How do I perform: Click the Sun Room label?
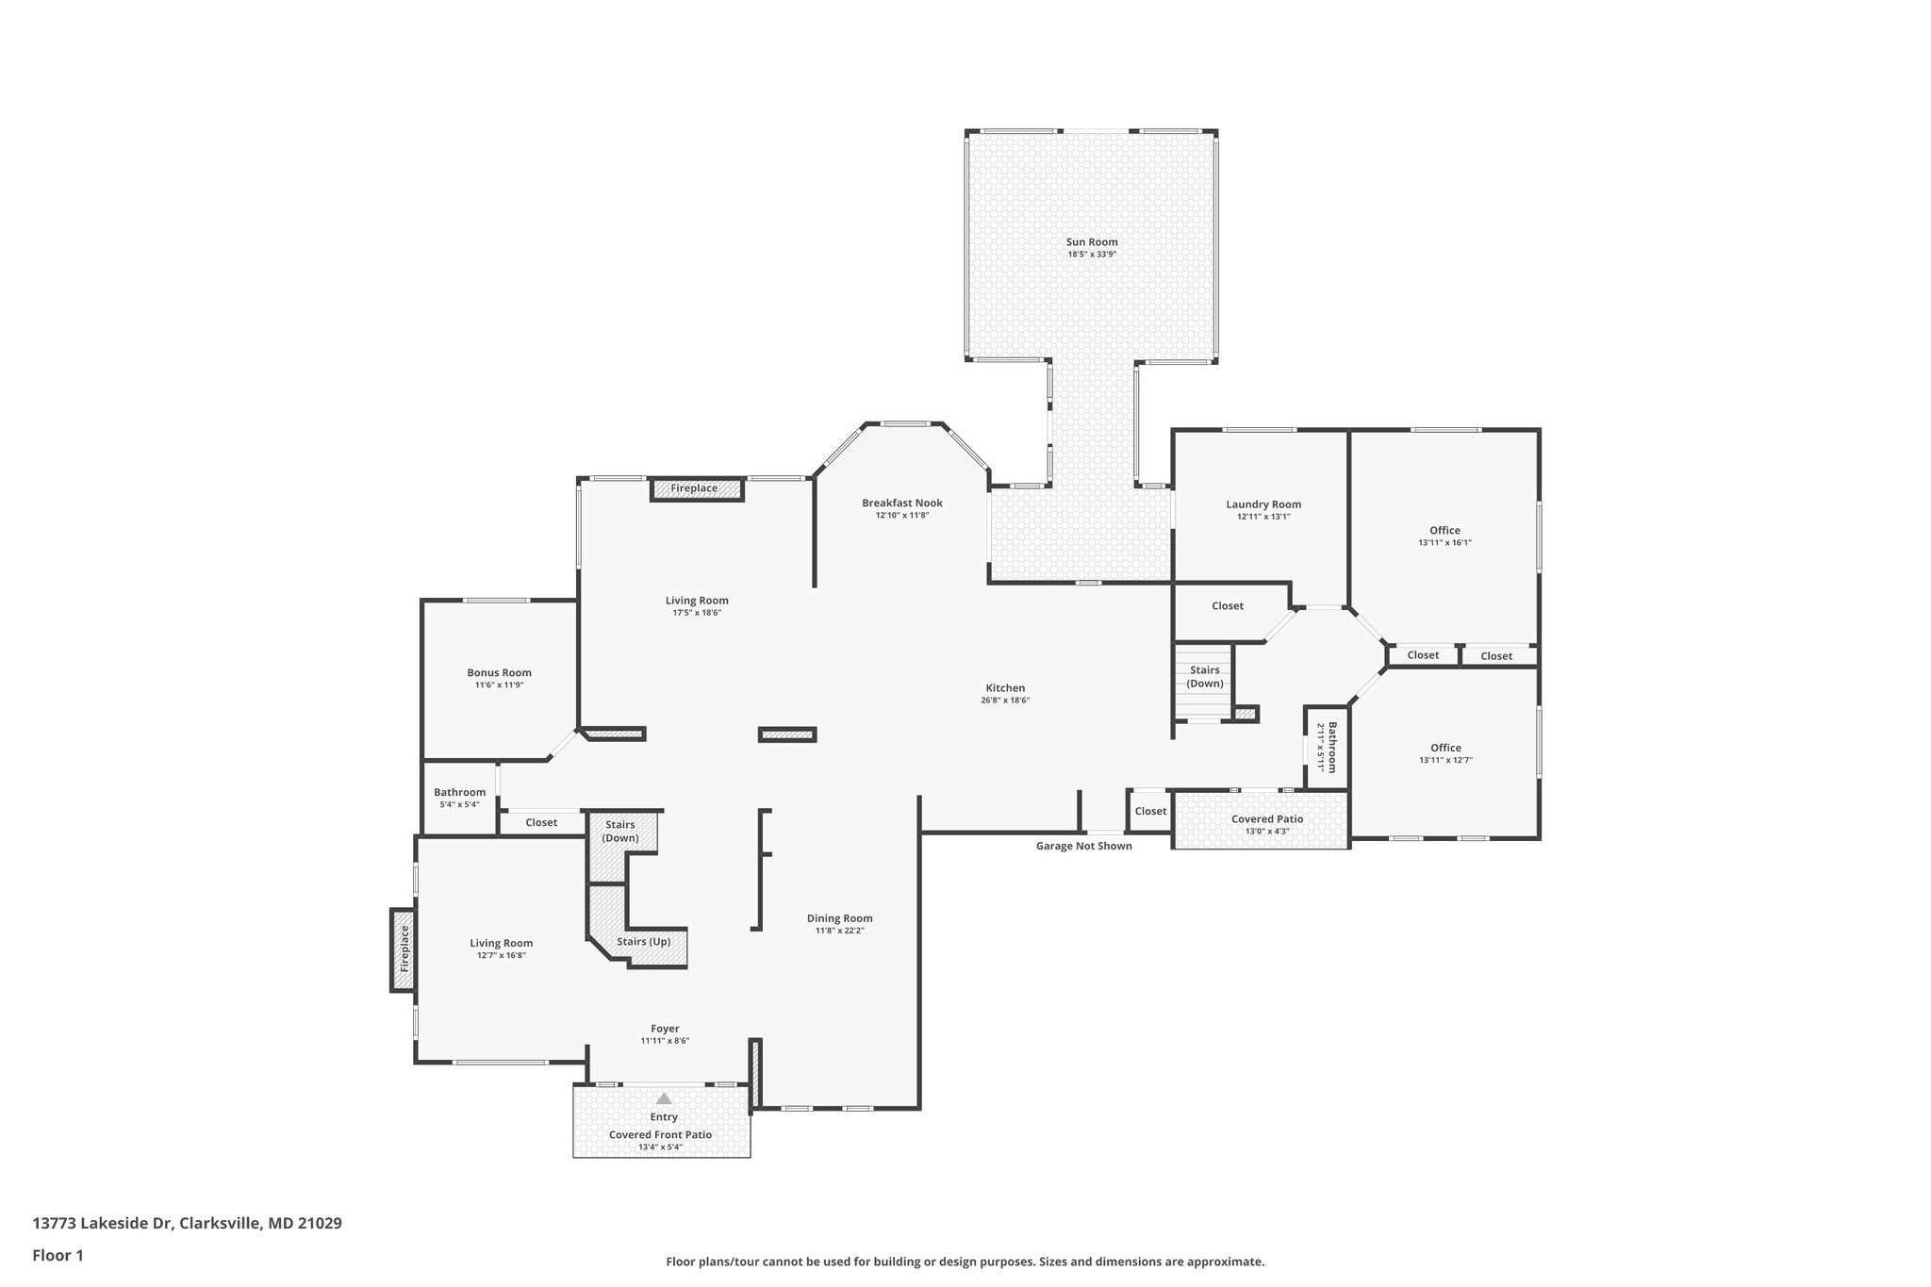pos(1092,242)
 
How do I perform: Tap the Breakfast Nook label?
pos(901,503)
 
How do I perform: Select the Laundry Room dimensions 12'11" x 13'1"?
pos(1263,517)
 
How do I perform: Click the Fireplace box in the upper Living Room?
pos(695,488)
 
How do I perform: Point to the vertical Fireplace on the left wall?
pos(404,949)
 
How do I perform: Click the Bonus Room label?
pos(499,672)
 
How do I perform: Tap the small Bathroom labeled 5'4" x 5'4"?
pos(459,798)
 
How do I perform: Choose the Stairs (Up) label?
pos(644,941)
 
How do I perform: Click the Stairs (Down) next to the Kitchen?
pos(1204,677)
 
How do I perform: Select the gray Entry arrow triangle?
pos(664,1098)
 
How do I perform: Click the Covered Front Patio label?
pos(660,1135)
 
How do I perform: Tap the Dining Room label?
pos(839,918)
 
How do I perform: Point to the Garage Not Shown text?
pos(1083,846)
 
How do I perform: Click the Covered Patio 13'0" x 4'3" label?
pos(1266,819)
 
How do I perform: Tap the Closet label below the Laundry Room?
pos(1227,606)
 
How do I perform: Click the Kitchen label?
pos(1005,688)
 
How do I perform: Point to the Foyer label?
pos(665,1029)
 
